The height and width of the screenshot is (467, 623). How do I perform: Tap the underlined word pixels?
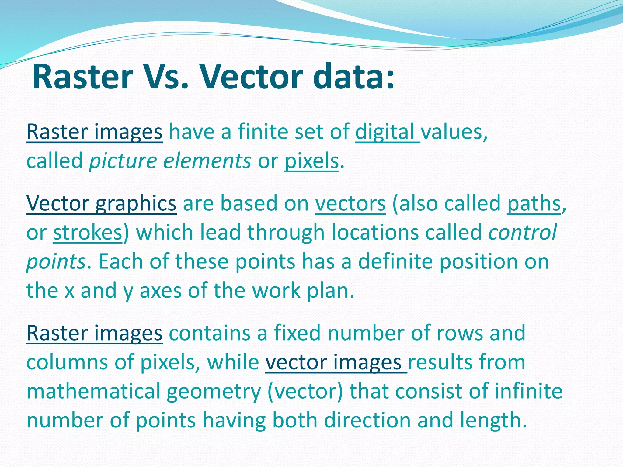pyautogui.click(x=311, y=161)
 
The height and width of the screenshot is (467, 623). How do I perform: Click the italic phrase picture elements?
pyautogui.click(x=170, y=161)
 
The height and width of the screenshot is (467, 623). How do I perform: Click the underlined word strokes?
pyautogui.click(x=88, y=232)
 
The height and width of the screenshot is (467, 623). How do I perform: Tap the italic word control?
pyautogui.click(x=522, y=232)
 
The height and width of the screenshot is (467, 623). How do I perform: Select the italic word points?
pyautogui.click(x=56, y=261)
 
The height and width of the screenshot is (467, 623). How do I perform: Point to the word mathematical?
pyautogui.click(x=93, y=392)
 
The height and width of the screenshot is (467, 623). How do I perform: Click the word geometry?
pyautogui.click(x=214, y=392)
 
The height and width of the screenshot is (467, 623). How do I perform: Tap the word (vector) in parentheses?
pyautogui.click(x=305, y=392)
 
